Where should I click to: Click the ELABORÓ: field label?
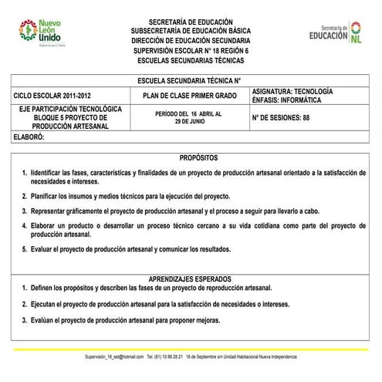tap(29, 137)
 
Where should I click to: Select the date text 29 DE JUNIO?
tap(187, 121)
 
